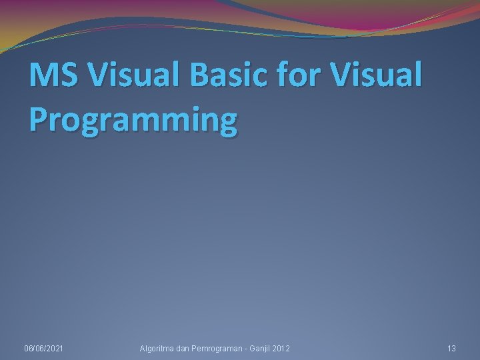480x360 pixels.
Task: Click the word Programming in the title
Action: click(x=133, y=120)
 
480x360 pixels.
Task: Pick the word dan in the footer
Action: click(x=185, y=349)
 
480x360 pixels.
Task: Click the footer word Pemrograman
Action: click(x=219, y=349)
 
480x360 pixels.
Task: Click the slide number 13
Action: click(x=451, y=349)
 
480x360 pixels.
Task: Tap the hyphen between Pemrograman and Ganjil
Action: click(x=245, y=349)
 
